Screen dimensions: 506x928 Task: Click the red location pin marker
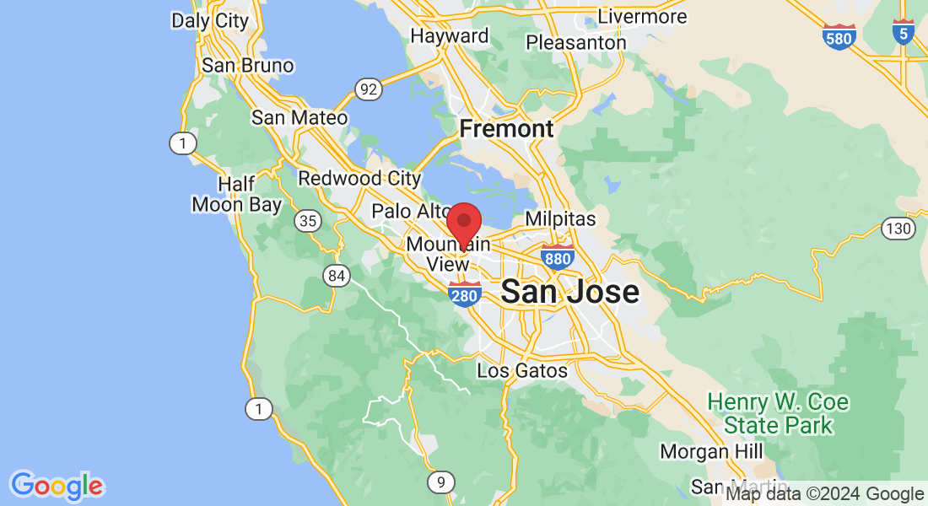[x=463, y=223]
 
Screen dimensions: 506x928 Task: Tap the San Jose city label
[x=569, y=292]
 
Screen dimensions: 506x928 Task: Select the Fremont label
[x=506, y=129]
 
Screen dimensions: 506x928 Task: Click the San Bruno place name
[x=247, y=66]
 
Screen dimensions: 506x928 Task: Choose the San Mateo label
[x=299, y=117]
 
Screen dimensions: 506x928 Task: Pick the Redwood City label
[x=359, y=178]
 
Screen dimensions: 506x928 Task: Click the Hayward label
[x=449, y=36]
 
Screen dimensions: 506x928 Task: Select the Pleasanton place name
[x=576, y=42]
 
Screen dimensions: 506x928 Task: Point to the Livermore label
[x=642, y=16]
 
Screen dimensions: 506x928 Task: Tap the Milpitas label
[x=560, y=218]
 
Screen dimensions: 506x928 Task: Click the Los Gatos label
[x=522, y=370]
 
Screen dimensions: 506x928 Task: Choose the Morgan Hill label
[x=712, y=451]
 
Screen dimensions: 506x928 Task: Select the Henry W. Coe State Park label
[x=778, y=413]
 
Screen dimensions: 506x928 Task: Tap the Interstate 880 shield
[x=558, y=257]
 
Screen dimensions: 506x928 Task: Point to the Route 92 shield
[x=368, y=89]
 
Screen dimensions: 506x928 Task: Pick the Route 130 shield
[x=897, y=228]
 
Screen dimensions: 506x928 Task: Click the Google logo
[x=57, y=486]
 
